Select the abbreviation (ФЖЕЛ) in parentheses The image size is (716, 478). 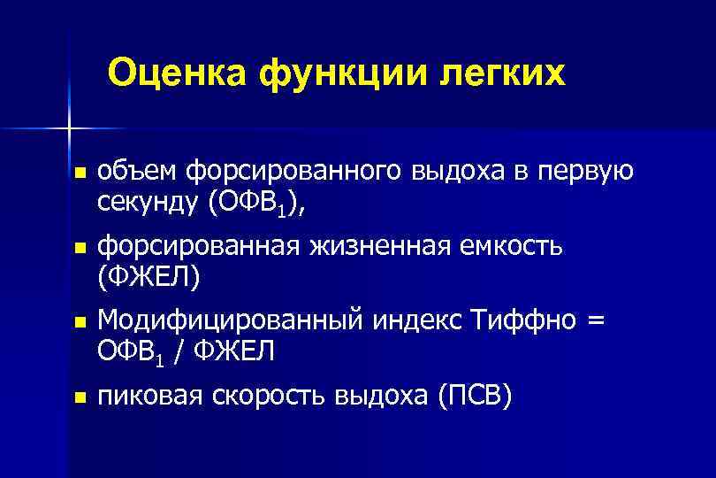coord(150,278)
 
